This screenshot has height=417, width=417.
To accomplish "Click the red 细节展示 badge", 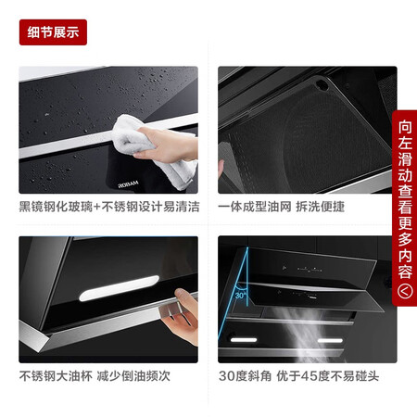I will (53, 32).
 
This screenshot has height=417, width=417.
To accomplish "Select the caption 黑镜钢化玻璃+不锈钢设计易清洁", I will (108, 207).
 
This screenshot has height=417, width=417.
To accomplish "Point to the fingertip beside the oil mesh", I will (222, 171).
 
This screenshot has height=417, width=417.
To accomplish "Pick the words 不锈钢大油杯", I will (57, 376).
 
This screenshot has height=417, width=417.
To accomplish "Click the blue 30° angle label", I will (241, 295).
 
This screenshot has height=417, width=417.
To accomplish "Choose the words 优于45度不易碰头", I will (324, 376).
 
